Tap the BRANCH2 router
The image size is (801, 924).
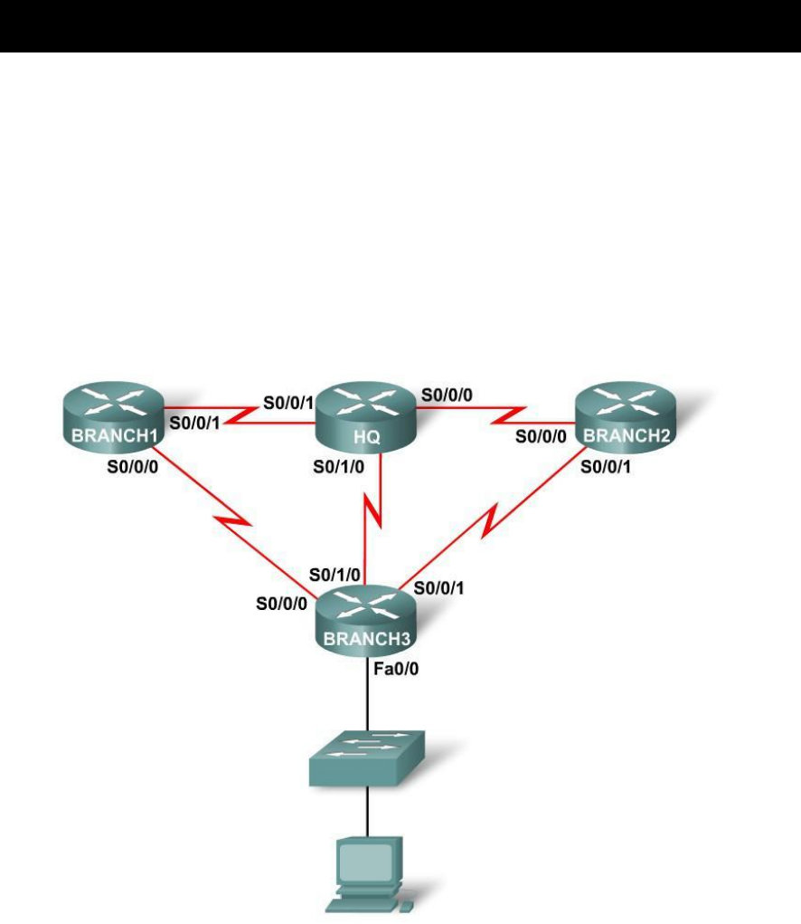coord(625,417)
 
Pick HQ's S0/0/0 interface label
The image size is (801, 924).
coord(447,395)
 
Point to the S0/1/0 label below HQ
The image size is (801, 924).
coord(338,467)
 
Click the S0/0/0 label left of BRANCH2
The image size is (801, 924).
coord(541,436)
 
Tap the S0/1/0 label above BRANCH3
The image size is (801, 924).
coord(335,574)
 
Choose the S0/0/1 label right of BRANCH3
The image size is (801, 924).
coord(440,588)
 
